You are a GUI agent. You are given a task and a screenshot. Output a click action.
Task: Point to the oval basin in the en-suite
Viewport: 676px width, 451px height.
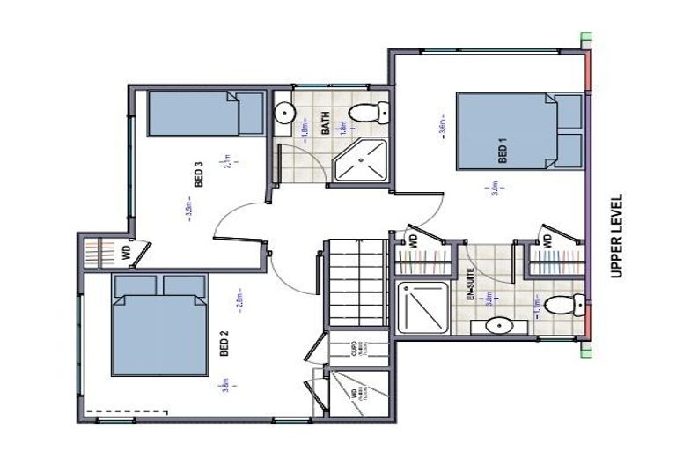pyautogui.click(x=498, y=325)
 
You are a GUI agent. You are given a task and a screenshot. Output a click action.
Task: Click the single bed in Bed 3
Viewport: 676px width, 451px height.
pyautogui.click(x=204, y=113)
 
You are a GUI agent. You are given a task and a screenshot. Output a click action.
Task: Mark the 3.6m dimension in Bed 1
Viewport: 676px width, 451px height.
pyautogui.click(x=442, y=127)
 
